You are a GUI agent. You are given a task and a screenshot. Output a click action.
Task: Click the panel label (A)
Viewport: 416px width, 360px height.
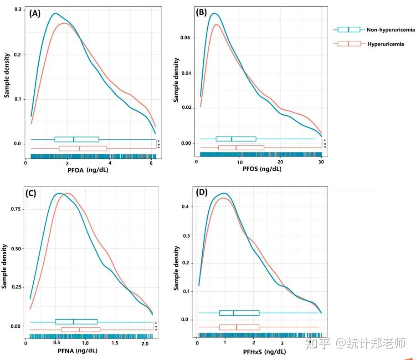(35, 13)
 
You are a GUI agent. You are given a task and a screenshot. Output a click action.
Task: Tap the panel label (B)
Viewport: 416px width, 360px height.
(201, 13)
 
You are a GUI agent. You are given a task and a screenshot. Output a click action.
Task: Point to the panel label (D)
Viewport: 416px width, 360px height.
(202, 193)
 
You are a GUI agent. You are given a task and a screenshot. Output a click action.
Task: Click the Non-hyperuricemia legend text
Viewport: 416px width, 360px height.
(391, 30)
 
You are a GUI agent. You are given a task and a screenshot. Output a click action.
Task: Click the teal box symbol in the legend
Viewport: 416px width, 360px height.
(349, 30)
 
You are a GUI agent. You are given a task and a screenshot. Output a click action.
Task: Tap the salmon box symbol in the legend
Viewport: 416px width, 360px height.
(349, 44)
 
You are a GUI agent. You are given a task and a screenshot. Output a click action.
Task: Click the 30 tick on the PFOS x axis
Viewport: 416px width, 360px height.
(321, 162)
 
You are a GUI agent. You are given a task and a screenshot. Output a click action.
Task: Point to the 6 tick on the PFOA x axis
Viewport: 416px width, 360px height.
(151, 163)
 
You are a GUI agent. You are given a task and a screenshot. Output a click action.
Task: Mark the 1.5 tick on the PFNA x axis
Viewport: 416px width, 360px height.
(114, 343)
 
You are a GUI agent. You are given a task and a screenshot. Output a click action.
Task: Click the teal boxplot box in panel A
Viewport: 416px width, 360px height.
(77, 139)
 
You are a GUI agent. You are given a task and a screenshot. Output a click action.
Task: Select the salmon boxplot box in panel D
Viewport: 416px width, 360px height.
(239, 327)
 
